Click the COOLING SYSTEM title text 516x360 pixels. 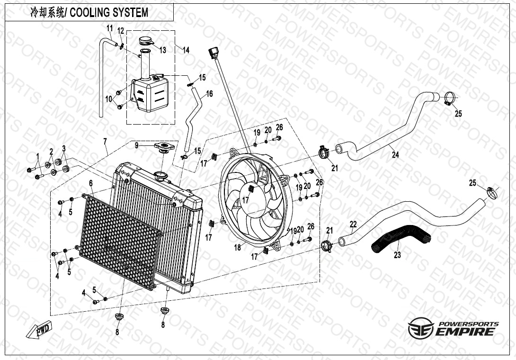pos(89,12)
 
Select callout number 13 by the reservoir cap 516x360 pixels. pos(162,50)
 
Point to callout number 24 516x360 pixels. pos(395,155)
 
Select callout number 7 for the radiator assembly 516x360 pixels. pos(105,141)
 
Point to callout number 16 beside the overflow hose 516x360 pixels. pos(209,94)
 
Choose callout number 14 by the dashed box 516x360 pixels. pos(186,50)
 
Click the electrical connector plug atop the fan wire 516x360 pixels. pos(212,51)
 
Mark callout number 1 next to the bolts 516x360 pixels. pos(37,156)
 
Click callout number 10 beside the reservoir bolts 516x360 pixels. pos(108,99)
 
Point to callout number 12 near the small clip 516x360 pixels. pos(121,31)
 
